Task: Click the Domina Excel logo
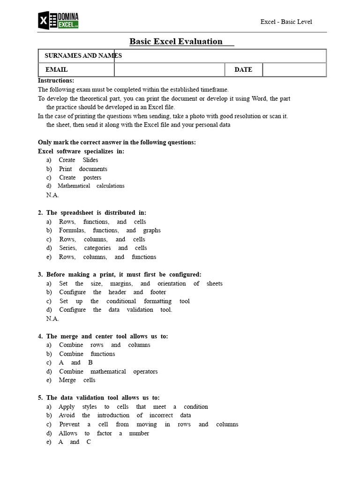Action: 58,20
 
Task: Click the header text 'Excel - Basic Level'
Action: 286,22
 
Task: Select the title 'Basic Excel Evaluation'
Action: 176,41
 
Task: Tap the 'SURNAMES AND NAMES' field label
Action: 83,56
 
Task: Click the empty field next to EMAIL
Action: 170,70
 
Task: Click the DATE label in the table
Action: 243,70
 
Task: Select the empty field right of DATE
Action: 294,70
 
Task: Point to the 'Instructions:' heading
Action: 56,81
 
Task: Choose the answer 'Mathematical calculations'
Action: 91,186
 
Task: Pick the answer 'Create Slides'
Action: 78,160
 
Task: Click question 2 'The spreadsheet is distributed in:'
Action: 92,213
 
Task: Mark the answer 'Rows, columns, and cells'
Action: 102,240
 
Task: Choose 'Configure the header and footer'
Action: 112,292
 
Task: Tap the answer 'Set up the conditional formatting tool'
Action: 124,301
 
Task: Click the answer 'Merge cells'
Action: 77,380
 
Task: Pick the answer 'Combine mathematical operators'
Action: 108,371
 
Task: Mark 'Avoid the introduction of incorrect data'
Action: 125,415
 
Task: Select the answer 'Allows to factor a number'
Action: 104,433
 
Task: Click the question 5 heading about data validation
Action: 98,398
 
